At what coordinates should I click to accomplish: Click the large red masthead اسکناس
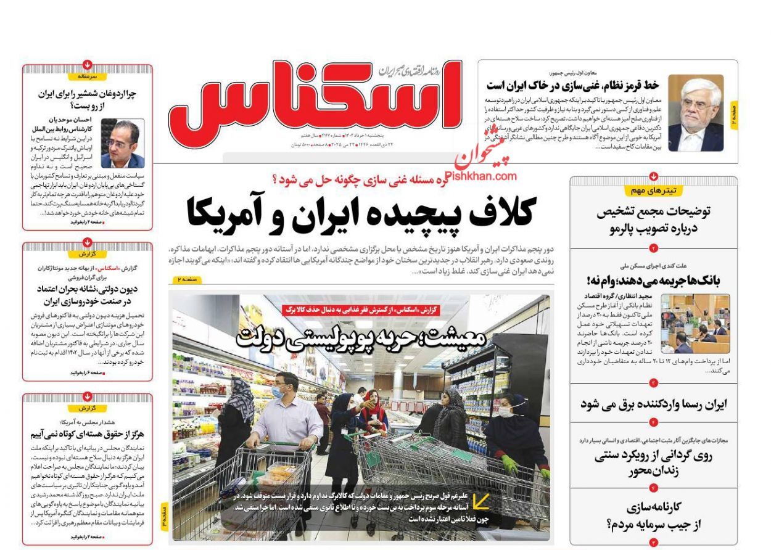point(315,104)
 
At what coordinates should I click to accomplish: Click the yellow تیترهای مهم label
point(654,191)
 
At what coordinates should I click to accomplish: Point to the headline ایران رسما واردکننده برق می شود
point(653,404)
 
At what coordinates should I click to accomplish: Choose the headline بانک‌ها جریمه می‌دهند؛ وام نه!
point(653,281)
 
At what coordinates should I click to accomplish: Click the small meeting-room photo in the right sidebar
point(695,323)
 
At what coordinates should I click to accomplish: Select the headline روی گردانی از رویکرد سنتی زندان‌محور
point(653,463)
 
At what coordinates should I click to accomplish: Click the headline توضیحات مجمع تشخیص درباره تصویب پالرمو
point(653,220)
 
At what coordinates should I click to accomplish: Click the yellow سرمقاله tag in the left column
point(88,76)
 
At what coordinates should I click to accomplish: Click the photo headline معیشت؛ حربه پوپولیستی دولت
point(361,337)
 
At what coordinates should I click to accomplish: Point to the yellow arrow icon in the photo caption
point(480,501)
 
